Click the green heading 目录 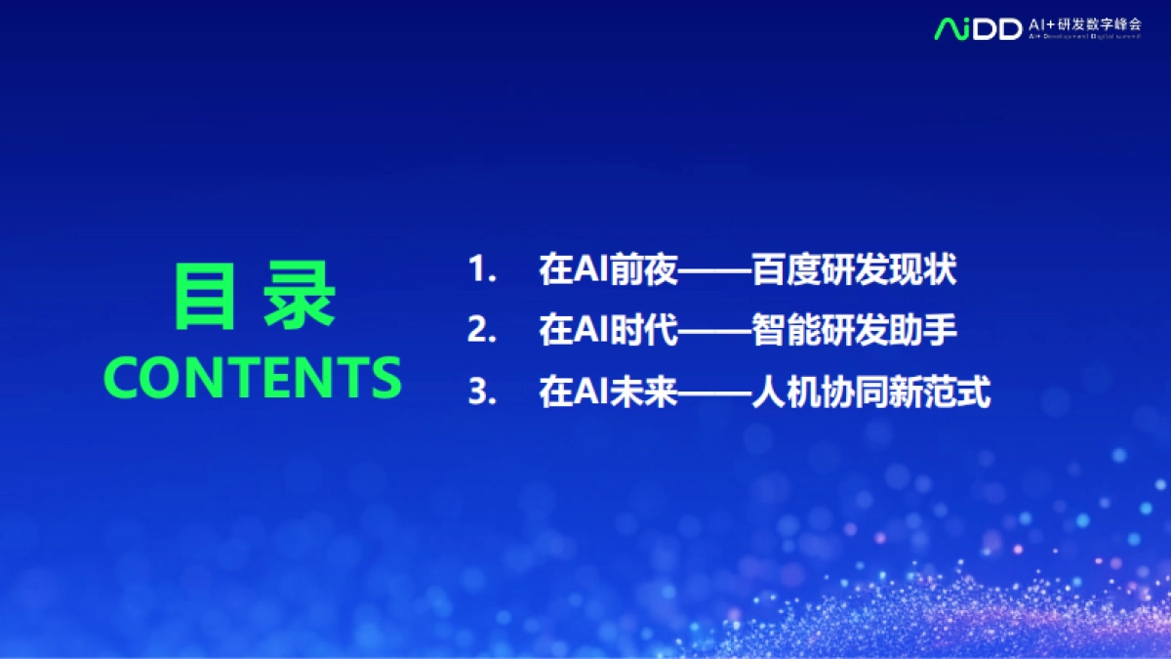tap(254, 295)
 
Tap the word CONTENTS tap(253, 377)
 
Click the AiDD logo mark tap(978, 27)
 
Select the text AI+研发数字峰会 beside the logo tap(1084, 24)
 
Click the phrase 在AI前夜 tap(607, 270)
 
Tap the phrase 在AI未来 tap(607, 393)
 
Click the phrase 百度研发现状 tap(854, 270)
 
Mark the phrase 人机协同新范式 tap(871, 393)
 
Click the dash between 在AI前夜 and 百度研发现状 tap(714, 271)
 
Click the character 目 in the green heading tap(204, 295)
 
